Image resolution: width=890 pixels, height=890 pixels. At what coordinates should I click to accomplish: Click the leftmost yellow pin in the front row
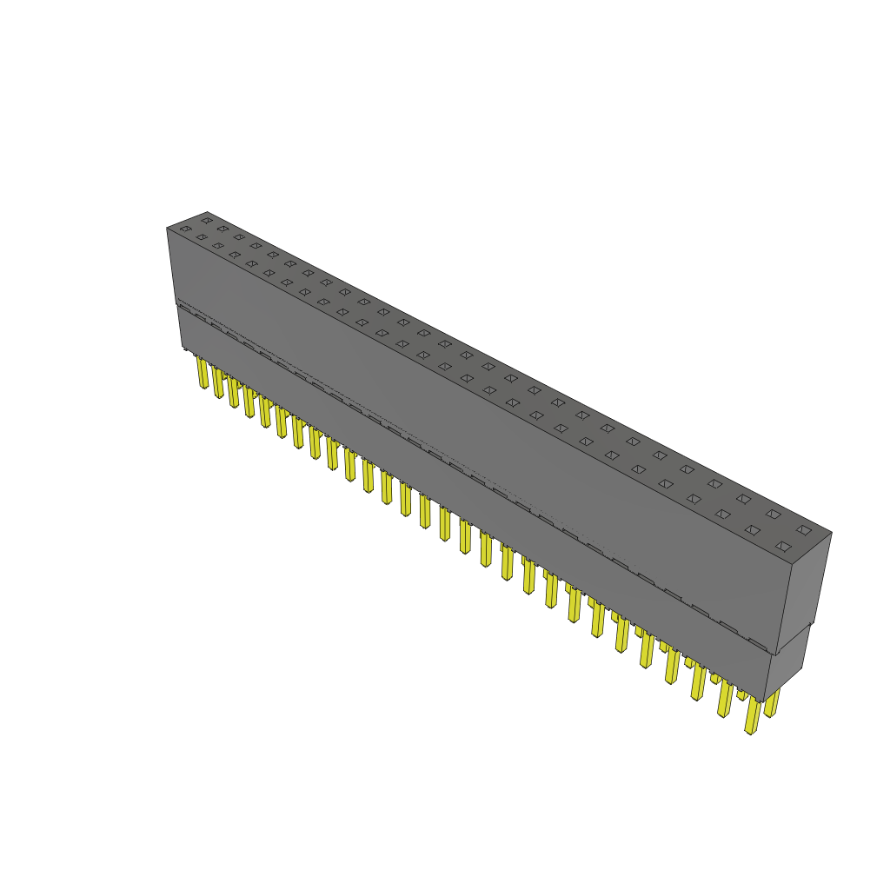(203, 374)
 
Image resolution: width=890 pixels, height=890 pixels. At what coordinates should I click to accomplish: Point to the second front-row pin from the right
(724, 699)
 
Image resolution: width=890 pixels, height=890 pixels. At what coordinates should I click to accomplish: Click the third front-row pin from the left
(233, 392)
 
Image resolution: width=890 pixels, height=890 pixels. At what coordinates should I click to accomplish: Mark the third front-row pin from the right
(698, 683)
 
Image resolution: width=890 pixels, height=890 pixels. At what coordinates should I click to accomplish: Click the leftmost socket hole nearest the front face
(185, 229)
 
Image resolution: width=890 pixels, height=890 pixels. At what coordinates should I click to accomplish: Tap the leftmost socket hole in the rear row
(206, 221)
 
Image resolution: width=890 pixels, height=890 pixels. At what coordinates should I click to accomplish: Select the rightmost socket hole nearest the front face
(783, 547)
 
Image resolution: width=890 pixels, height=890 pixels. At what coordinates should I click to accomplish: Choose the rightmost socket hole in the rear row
(804, 529)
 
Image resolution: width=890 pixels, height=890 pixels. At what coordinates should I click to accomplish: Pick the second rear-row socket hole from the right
(773, 514)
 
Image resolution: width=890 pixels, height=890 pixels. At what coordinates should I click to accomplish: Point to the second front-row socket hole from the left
(202, 237)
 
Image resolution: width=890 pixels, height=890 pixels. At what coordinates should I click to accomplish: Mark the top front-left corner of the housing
(167, 229)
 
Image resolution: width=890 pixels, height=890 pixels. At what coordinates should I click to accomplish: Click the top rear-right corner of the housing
(832, 533)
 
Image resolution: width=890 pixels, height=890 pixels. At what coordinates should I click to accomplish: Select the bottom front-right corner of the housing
(764, 702)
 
